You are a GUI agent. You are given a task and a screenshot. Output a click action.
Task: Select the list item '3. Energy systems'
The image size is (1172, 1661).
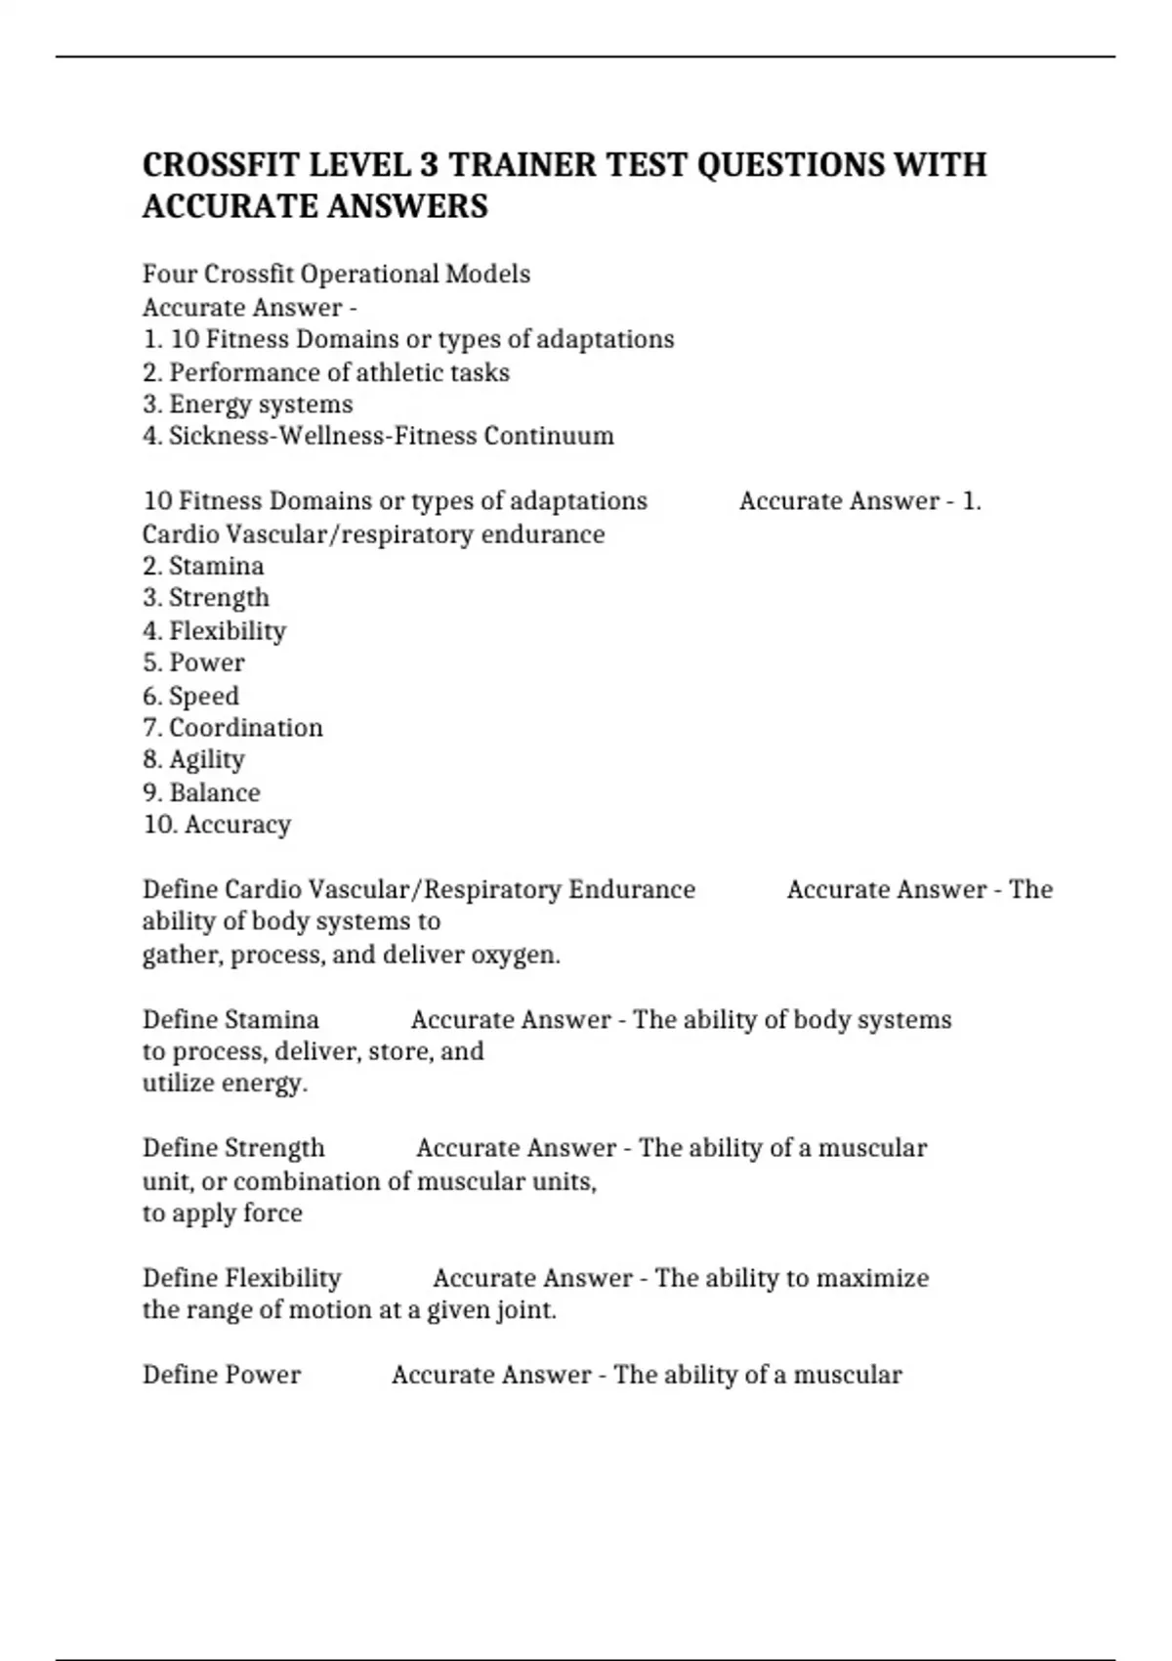point(247,405)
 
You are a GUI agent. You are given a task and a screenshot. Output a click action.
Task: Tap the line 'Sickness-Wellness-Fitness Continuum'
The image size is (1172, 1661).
point(391,436)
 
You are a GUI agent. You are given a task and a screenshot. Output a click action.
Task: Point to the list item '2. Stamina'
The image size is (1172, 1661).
point(203,566)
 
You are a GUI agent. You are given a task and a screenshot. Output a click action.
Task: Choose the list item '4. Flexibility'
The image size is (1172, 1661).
point(214,630)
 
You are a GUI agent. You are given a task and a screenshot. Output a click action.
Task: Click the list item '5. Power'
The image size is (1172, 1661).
point(193,662)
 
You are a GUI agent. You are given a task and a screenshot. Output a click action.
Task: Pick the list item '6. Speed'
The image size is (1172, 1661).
point(190,696)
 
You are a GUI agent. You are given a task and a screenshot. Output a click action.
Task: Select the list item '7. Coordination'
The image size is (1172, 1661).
point(232,728)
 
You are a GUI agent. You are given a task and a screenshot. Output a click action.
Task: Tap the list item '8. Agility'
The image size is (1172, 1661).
point(193,759)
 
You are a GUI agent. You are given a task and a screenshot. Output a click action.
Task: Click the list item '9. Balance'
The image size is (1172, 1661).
point(201,792)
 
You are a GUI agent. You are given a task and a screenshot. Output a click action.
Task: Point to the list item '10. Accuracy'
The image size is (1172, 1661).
point(217,825)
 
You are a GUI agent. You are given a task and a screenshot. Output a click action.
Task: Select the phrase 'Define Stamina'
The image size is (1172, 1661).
point(230,1020)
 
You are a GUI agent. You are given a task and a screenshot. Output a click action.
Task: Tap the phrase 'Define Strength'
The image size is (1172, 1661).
point(233,1148)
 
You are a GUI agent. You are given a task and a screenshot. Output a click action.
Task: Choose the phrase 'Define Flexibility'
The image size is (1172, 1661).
point(242,1278)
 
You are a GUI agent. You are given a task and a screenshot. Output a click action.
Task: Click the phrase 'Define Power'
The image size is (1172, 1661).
point(222,1375)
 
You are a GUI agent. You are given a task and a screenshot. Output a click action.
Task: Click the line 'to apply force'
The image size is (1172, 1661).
point(223,1214)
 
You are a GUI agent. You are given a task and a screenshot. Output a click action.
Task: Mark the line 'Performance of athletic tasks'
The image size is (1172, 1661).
point(339,372)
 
